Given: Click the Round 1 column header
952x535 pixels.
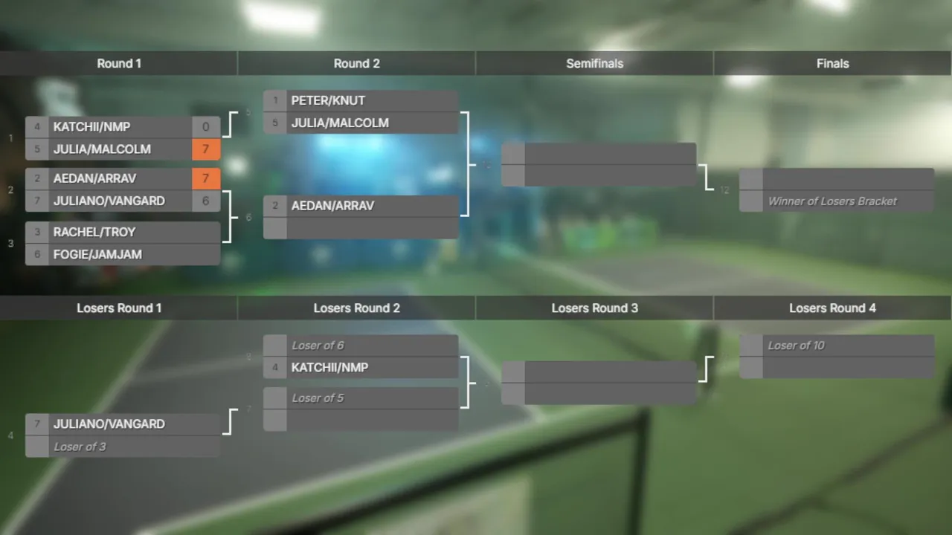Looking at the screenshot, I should pyautogui.click(x=119, y=63).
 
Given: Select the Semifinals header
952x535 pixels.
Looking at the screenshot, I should pyautogui.click(x=594, y=63).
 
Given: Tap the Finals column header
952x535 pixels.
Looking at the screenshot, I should pyautogui.click(x=832, y=63).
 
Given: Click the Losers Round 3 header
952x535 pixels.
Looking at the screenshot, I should pyautogui.click(x=594, y=308).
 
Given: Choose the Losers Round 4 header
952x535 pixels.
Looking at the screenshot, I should pyautogui.click(x=832, y=308).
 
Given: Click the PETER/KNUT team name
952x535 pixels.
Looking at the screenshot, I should pyautogui.click(x=328, y=100).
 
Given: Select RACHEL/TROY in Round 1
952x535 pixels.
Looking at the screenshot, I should pyautogui.click(x=94, y=232).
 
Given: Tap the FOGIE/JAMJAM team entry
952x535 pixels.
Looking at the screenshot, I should pyautogui.click(x=97, y=254).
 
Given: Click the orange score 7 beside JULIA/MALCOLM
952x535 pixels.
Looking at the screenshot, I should pyautogui.click(x=206, y=149).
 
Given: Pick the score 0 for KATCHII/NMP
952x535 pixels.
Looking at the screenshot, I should pyautogui.click(x=206, y=127).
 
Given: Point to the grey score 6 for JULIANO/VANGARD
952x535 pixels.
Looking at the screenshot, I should pyautogui.click(x=206, y=201).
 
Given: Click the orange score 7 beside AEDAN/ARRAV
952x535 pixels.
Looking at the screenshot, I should pyautogui.click(x=206, y=178).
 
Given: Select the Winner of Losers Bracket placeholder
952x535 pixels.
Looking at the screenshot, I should pyautogui.click(x=832, y=201).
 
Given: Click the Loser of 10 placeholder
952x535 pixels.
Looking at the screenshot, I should pyautogui.click(x=796, y=346).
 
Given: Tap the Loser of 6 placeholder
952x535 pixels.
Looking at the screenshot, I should pyautogui.click(x=318, y=346).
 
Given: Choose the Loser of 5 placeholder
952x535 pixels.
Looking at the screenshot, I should pyautogui.click(x=318, y=398).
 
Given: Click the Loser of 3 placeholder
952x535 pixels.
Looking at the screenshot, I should pyautogui.click(x=80, y=447).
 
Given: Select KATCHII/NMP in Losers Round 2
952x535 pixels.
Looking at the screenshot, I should pyautogui.click(x=329, y=367).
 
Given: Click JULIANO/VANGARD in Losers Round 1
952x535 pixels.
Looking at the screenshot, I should pyautogui.click(x=109, y=424).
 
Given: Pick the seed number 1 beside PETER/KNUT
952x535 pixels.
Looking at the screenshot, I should pyautogui.click(x=275, y=100).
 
